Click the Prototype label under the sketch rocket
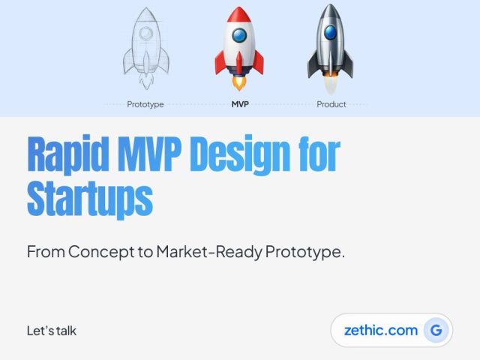[x=145, y=105]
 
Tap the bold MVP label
[x=240, y=104]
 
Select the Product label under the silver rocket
[x=331, y=104]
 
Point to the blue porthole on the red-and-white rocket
[x=239, y=35]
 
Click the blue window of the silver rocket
[x=330, y=31]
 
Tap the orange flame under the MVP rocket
[x=239, y=83]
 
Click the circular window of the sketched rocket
[x=146, y=33]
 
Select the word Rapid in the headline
[x=68, y=155]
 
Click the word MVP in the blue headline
[x=150, y=153]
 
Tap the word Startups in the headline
[x=90, y=200]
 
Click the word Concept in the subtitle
[x=101, y=252]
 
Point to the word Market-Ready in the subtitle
[x=209, y=252]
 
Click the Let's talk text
[x=52, y=331]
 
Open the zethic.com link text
[x=381, y=330]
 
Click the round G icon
[x=436, y=330]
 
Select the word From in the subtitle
[x=46, y=252]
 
